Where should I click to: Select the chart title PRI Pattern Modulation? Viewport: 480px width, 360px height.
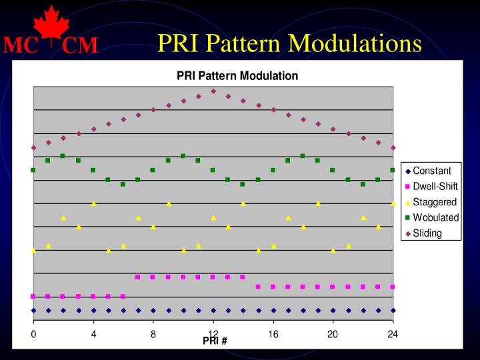point(237,76)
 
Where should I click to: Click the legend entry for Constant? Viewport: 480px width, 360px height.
point(431,171)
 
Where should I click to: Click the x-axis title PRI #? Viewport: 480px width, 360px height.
point(215,341)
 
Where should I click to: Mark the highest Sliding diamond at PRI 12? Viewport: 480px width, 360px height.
point(213,91)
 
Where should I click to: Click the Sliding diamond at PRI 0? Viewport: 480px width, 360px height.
point(33,147)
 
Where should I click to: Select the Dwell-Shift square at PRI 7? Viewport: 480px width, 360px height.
point(138,277)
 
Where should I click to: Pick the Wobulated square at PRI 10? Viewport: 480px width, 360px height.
point(183,156)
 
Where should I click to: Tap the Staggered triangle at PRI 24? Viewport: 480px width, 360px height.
point(393,203)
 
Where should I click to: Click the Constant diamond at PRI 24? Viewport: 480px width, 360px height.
point(393,310)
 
